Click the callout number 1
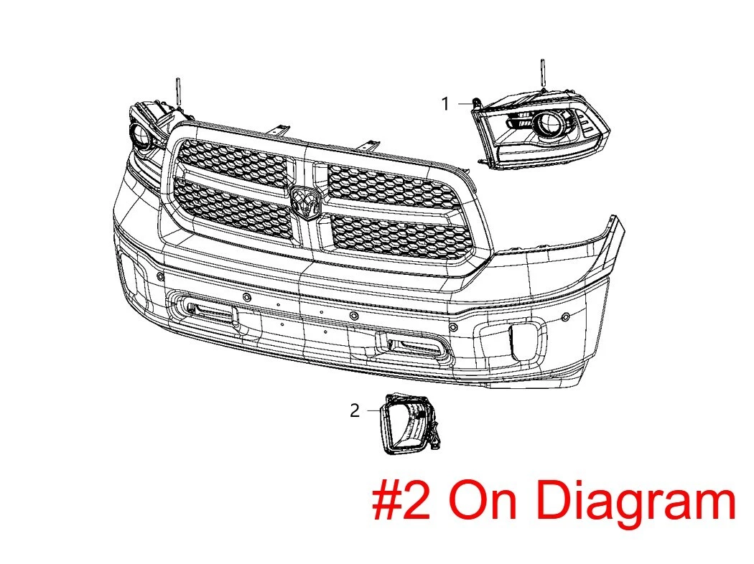pyautogui.click(x=445, y=103)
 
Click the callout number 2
pyautogui.click(x=355, y=410)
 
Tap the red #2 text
pyautogui.click(x=401, y=501)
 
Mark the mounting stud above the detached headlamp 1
pyautogui.click(x=543, y=74)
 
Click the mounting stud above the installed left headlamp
pyautogui.click(x=177, y=92)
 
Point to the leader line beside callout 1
pyautogui.click(x=465, y=103)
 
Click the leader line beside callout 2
pyautogui.click(x=373, y=410)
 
